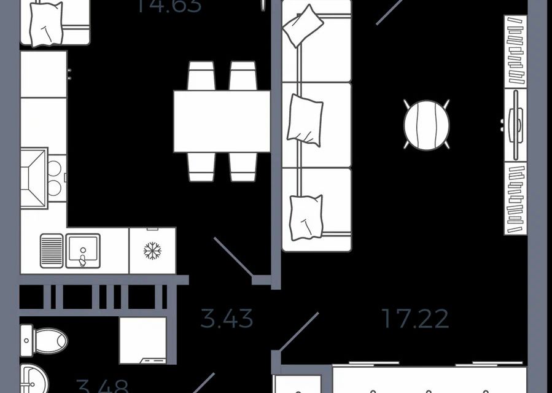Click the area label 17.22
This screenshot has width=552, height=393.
pos(415,318)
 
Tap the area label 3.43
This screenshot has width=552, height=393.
pos(227,319)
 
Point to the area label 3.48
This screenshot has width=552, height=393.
pos(103,386)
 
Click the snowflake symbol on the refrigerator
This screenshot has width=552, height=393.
pos(152,251)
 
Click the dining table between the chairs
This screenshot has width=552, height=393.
pos(222,121)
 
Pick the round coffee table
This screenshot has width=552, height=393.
pos(426,125)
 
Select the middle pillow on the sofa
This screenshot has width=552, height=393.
pos(305,120)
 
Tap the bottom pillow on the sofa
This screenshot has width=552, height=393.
pos(305,216)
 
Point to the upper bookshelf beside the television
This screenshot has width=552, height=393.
pos(516,52)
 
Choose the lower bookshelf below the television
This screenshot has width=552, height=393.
pos(516,198)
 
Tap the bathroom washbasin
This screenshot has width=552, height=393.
pos(37,378)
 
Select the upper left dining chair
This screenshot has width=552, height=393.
pos(201,76)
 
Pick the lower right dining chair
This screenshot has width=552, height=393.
pos(243,167)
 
